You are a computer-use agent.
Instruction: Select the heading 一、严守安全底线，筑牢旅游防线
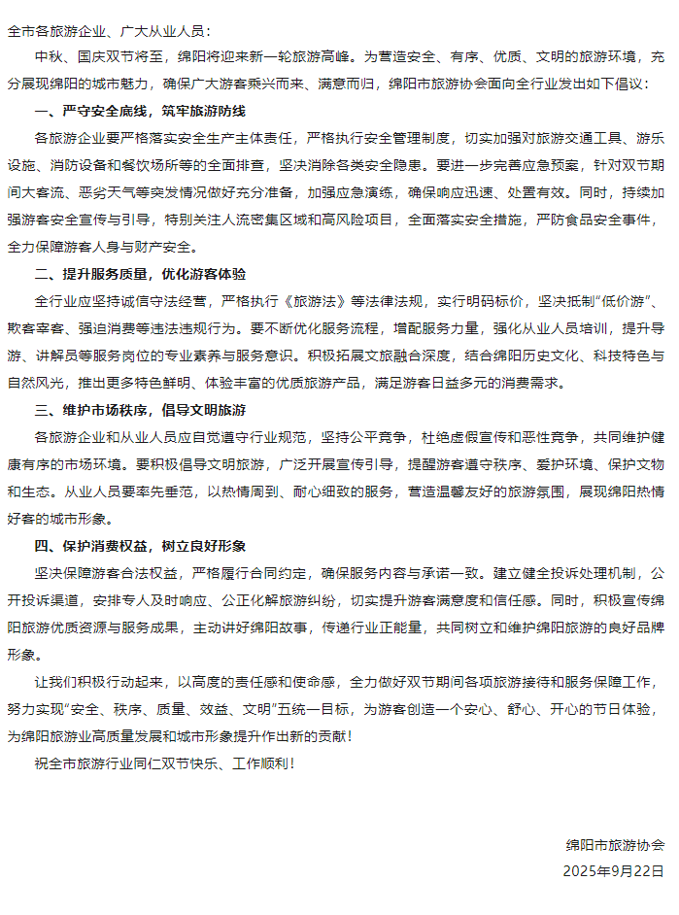tap(140, 111)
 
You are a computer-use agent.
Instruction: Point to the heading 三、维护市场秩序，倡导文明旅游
tap(140, 409)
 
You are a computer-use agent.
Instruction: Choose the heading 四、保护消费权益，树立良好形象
tap(140, 545)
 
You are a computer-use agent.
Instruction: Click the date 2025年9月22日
tap(613, 870)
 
